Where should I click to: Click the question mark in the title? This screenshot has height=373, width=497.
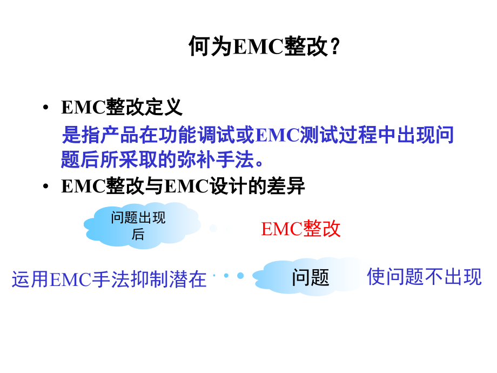coord(335,46)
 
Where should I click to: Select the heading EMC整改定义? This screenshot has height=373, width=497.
coord(122,107)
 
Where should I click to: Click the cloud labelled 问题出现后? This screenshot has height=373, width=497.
coord(139,225)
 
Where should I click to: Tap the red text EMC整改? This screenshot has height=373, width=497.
coord(301,229)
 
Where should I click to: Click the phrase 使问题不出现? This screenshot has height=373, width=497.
coord(424,277)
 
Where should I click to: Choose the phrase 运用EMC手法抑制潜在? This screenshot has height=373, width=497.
coord(109,279)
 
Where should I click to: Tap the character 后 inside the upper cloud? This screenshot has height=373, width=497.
coord(138,235)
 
